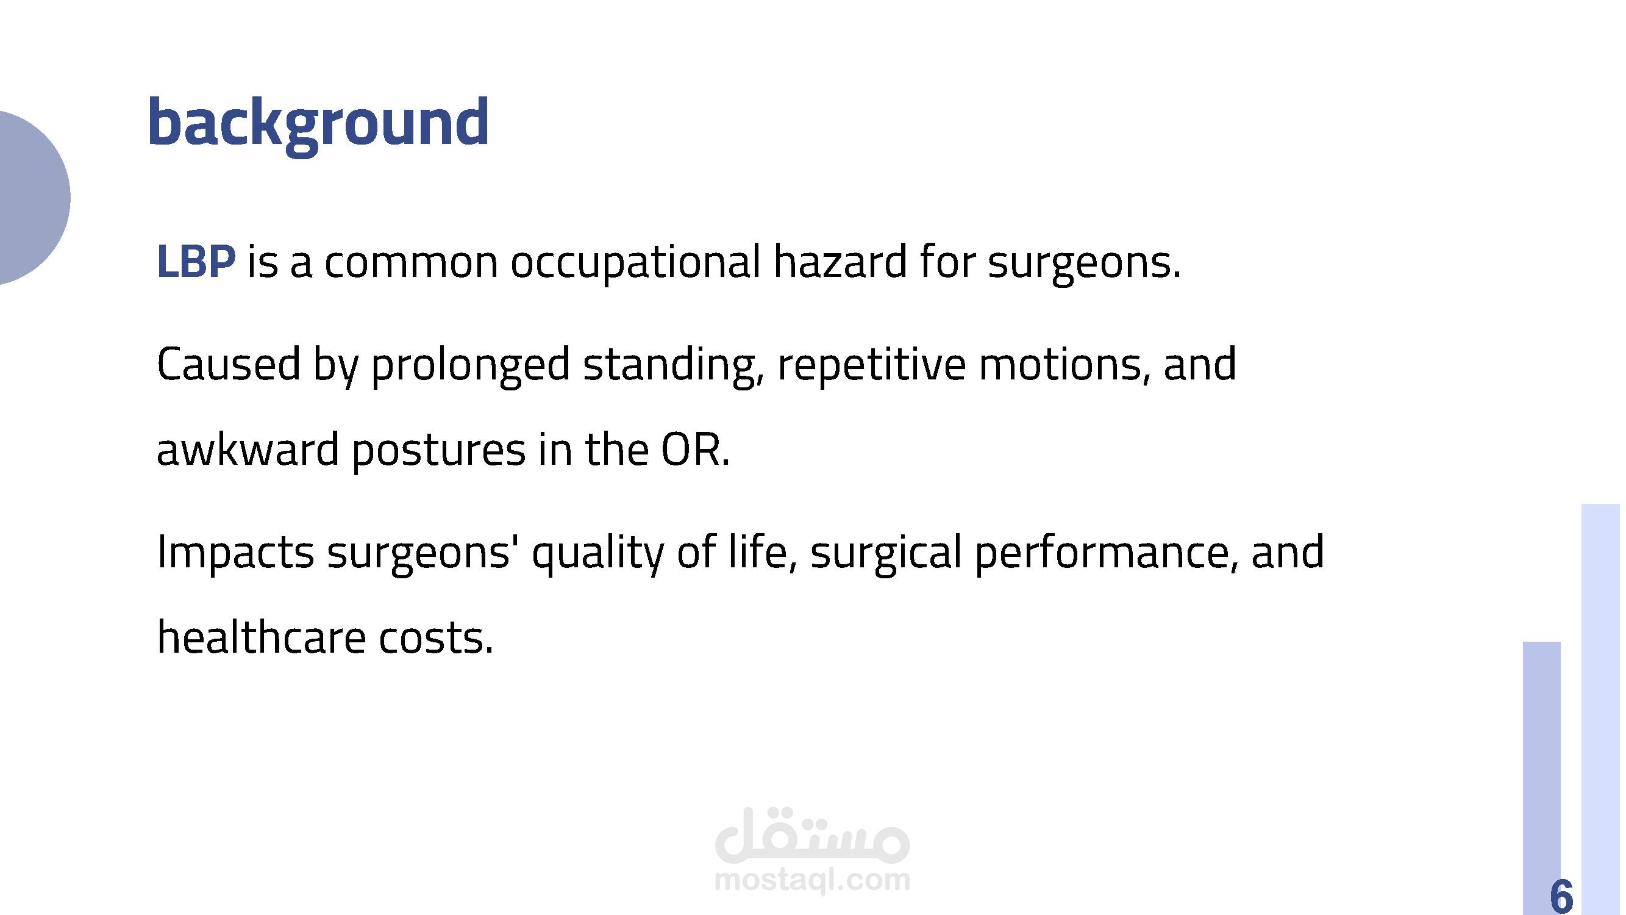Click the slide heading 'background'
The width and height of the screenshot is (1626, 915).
point(319,124)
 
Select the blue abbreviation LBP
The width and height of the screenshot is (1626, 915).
point(196,262)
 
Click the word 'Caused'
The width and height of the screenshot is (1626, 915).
point(228,364)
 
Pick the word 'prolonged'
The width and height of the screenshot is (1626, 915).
point(470,366)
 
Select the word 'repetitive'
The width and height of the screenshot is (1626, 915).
point(871,366)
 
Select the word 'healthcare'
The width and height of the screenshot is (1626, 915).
point(261,636)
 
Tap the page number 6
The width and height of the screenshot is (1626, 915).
point(1561,895)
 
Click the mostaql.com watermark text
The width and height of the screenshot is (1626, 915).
point(812,880)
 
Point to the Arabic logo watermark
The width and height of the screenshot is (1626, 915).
point(812,835)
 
